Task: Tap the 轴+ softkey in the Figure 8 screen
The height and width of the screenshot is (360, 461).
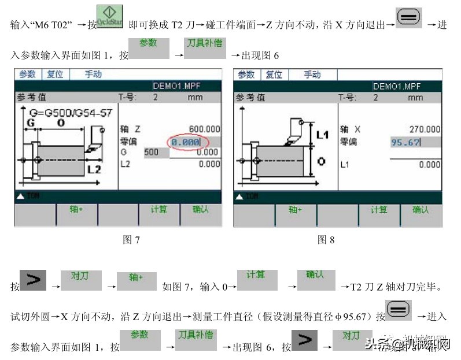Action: pos(296,210)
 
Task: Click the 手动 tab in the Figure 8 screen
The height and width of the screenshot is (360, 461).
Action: pos(312,75)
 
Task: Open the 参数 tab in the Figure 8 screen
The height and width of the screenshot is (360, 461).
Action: pos(246,75)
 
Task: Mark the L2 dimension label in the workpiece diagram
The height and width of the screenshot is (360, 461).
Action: pos(94,170)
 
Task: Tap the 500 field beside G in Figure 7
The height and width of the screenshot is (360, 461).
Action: pos(152,153)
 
